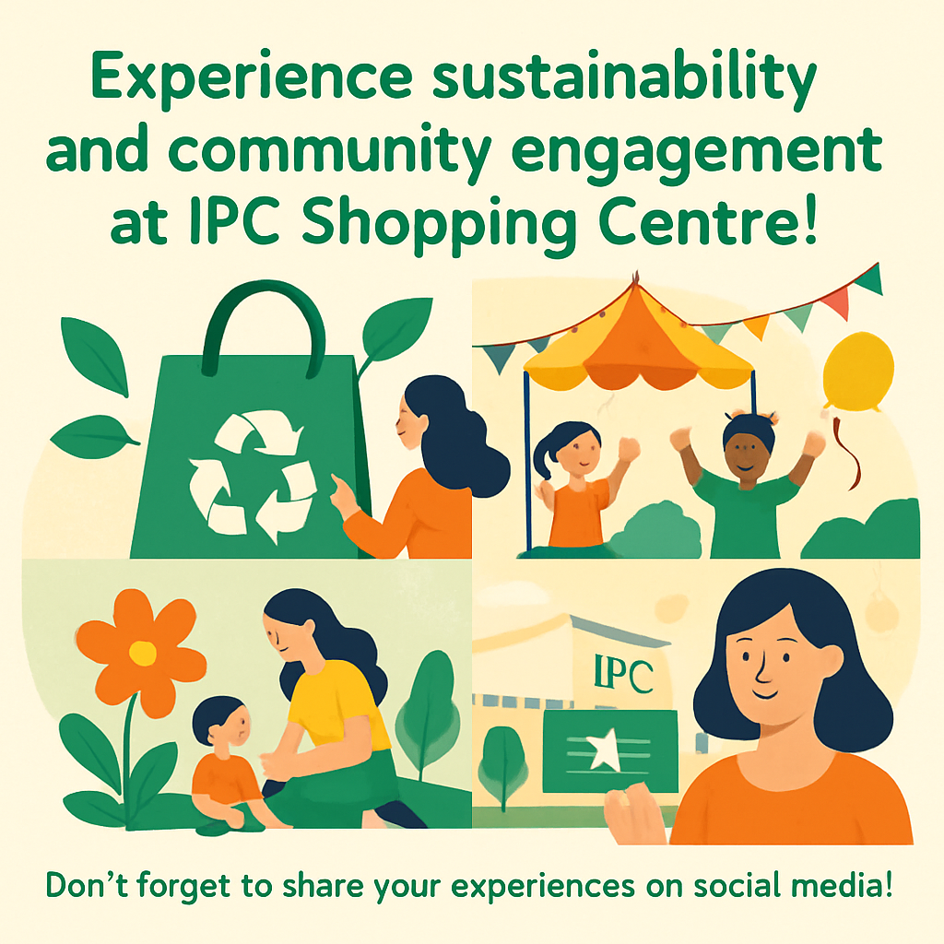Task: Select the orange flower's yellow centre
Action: (142, 653)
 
